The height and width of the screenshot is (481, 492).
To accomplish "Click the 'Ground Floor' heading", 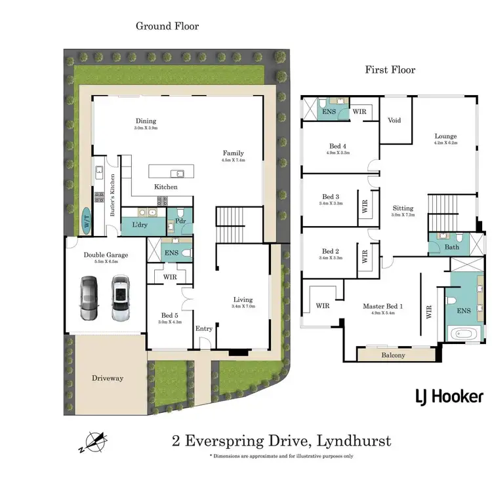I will (x=167, y=26).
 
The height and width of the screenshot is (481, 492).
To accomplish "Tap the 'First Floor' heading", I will (x=390, y=69).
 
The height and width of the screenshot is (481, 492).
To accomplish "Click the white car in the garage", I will (x=119, y=298).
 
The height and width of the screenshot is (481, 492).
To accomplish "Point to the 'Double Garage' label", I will (x=106, y=256).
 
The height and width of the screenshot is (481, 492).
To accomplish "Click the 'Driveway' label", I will (x=108, y=378).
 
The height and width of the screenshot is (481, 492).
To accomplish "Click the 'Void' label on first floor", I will (x=394, y=121).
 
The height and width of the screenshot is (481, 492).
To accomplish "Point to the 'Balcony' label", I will (x=393, y=355).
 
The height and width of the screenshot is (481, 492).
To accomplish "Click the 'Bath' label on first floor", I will (x=452, y=248).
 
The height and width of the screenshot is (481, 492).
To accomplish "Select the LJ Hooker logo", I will (x=449, y=396).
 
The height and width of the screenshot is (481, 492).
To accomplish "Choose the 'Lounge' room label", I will (x=445, y=136).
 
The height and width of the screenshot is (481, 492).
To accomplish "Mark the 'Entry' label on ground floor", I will (x=203, y=328).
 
